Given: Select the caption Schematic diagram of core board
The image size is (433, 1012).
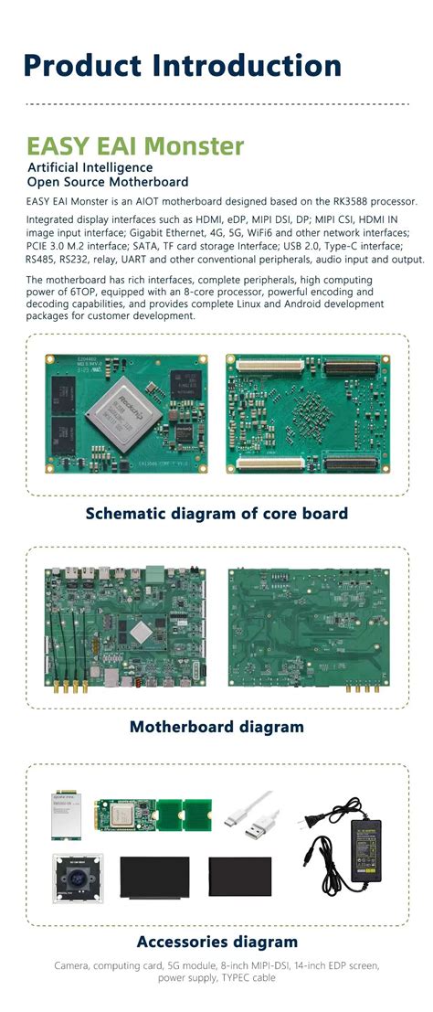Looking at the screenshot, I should click(x=216, y=513).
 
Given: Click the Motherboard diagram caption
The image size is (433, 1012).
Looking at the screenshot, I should click(x=216, y=727).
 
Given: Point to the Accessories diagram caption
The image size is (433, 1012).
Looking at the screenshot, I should click(x=216, y=941).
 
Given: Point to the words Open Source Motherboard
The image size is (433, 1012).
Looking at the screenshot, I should click(x=108, y=181).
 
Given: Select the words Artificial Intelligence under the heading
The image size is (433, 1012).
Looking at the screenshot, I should click(x=90, y=167).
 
